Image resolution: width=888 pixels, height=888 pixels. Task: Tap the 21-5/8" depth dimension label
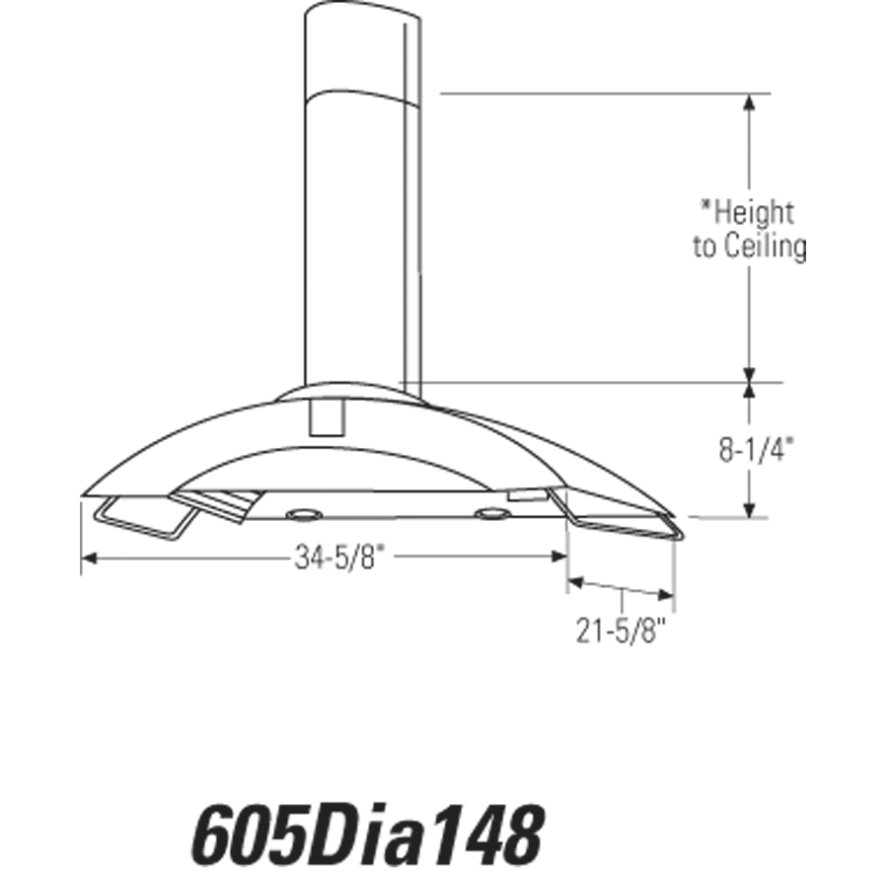[x=621, y=629]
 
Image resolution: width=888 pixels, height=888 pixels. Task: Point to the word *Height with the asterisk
[x=747, y=211]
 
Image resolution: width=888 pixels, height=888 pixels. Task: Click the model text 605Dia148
[x=366, y=835]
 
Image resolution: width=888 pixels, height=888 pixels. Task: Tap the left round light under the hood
[x=303, y=515]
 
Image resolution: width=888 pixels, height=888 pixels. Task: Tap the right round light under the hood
[x=489, y=513]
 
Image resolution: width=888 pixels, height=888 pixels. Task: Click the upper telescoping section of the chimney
[x=360, y=49]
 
